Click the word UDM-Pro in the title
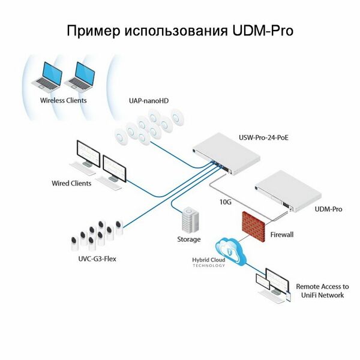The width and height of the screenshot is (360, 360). pos(262,31)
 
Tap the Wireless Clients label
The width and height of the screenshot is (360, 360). pos(63,100)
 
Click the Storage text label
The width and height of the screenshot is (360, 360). pos(188,239)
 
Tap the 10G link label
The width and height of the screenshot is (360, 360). pos(225,202)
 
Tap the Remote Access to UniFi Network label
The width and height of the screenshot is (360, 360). pos(322,291)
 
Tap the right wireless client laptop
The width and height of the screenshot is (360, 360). pos(80,77)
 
